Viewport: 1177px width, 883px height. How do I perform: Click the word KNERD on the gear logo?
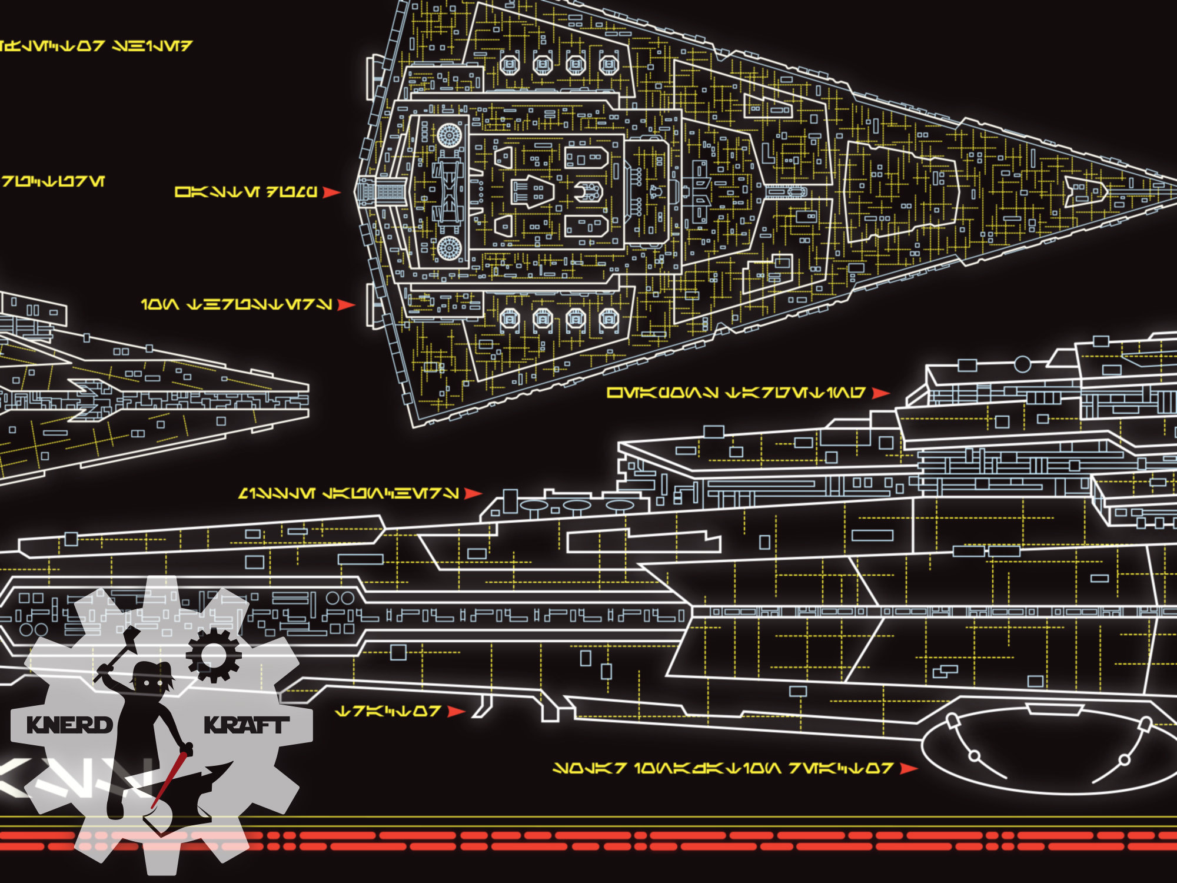click(69, 725)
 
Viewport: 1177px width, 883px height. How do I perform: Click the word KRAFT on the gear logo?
click(246, 725)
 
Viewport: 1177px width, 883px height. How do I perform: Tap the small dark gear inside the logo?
click(214, 655)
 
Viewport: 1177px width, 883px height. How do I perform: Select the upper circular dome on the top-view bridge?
click(448, 136)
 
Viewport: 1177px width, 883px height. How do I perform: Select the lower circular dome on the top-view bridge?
click(448, 247)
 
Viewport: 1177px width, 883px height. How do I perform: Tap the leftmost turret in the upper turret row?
click(509, 63)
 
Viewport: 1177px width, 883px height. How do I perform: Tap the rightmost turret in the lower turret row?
click(609, 319)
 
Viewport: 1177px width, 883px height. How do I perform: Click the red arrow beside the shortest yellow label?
click(456, 712)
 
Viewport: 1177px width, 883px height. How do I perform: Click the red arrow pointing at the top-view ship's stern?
click(332, 192)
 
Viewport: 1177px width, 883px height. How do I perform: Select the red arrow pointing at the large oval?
click(909, 768)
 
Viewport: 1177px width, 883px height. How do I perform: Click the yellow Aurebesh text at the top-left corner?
click(94, 45)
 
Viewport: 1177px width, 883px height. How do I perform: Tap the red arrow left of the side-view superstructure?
click(473, 493)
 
